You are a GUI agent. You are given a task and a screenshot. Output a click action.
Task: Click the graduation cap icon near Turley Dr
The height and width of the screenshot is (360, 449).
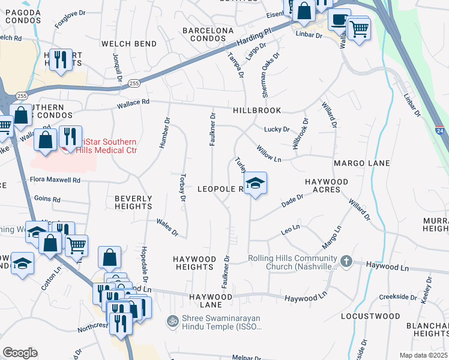pyautogui.click(x=255, y=183)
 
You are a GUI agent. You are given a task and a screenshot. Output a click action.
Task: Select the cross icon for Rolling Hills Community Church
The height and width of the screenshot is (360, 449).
pyautogui.click(x=346, y=261)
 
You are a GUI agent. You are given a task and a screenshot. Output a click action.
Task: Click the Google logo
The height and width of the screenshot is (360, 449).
pyautogui.click(x=20, y=353)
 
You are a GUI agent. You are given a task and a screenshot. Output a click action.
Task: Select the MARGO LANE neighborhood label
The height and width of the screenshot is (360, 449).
pyautogui.click(x=362, y=163)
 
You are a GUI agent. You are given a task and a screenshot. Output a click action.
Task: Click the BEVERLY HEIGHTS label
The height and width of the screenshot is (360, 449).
pyautogui.click(x=133, y=202)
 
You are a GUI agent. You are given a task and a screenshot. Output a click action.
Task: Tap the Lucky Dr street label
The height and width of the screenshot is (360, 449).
pyautogui.click(x=277, y=129)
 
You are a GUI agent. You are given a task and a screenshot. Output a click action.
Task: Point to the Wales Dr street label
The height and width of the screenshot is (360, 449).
pyautogui.click(x=167, y=227)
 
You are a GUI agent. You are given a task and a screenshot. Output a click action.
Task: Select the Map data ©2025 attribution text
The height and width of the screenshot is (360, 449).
pyautogui.click(x=424, y=355)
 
